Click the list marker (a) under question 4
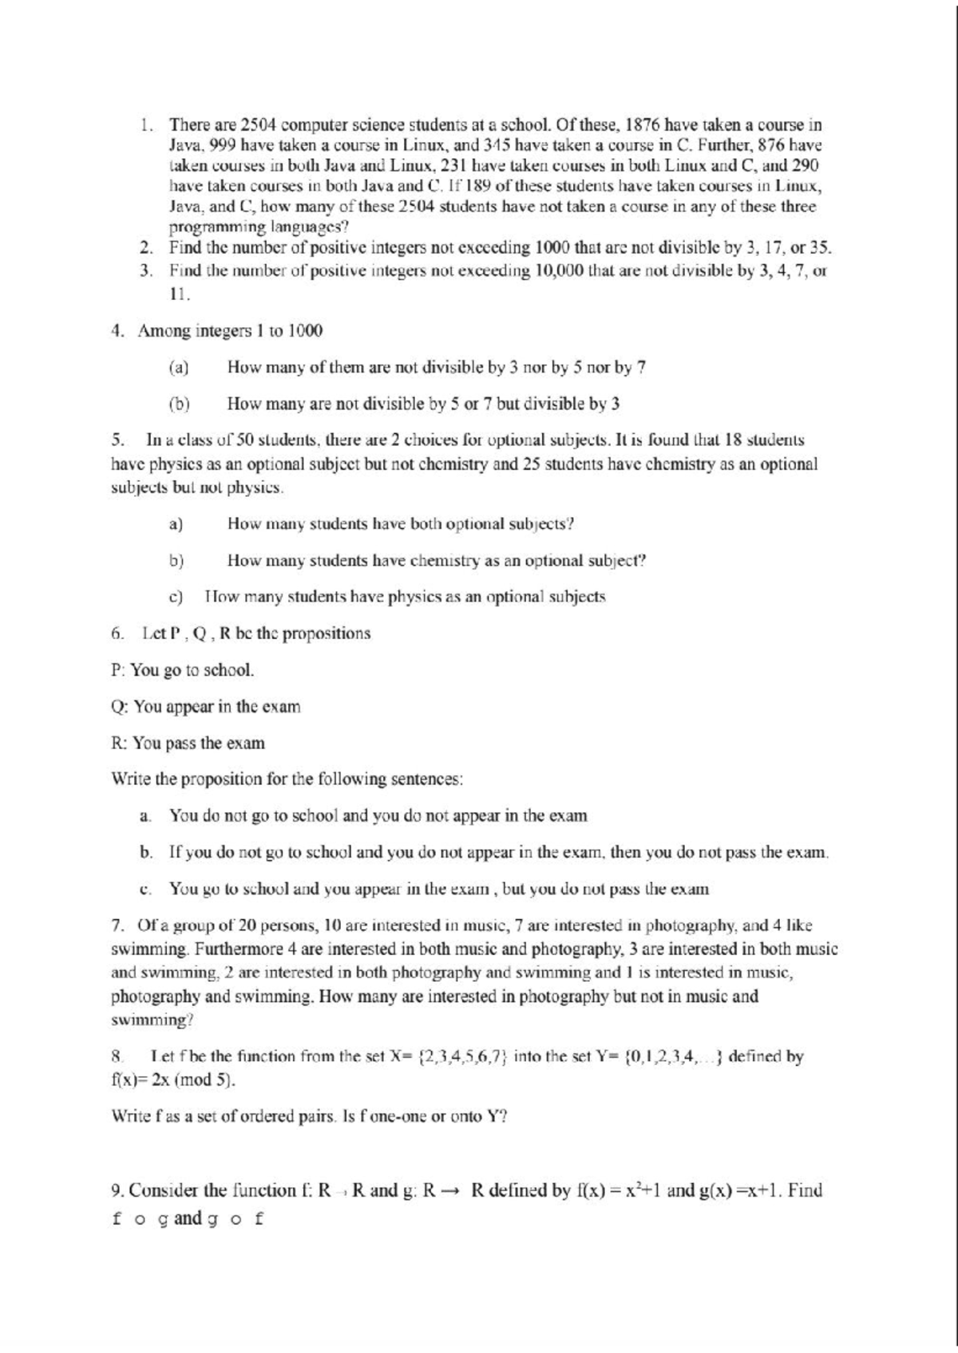point(178,368)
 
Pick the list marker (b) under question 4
point(179,404)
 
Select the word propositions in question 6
point(327,633)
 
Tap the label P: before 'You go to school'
point(118,670)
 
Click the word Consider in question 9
point(163,1191)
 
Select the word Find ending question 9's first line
point(804,1191)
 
